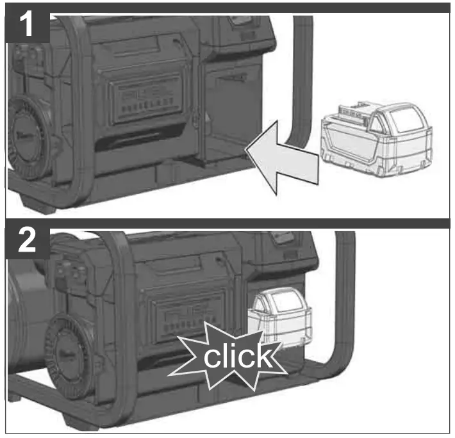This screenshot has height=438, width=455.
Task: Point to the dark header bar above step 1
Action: (x=256, y=8)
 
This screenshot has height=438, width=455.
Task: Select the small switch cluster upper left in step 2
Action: (x=67, y=269)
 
